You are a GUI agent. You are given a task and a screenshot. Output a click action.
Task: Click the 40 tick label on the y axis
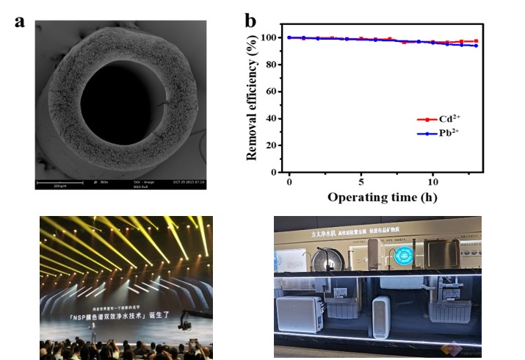click(x=271, y=118)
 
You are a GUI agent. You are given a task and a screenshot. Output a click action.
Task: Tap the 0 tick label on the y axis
click(x=274, y=172)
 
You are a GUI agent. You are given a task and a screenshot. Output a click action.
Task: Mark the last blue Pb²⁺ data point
click(x=476, y=46)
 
